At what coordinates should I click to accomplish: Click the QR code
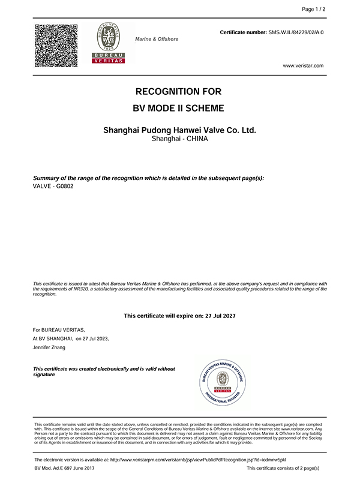pos(56,45)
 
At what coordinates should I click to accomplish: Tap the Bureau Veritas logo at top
pos(109,43)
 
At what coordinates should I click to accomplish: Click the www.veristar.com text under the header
pos(303,65)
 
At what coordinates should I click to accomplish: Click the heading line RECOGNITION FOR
pos(179,92)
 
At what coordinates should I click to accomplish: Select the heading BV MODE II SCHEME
pos(179,109)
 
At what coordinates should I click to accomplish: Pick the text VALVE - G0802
pos(53,186)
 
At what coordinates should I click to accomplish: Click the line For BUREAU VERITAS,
pos(59,330)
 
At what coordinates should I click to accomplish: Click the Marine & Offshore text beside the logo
pos(157,39)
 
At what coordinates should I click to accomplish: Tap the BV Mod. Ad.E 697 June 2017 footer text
pos(65,468)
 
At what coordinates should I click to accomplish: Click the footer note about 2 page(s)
pos(283,468)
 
